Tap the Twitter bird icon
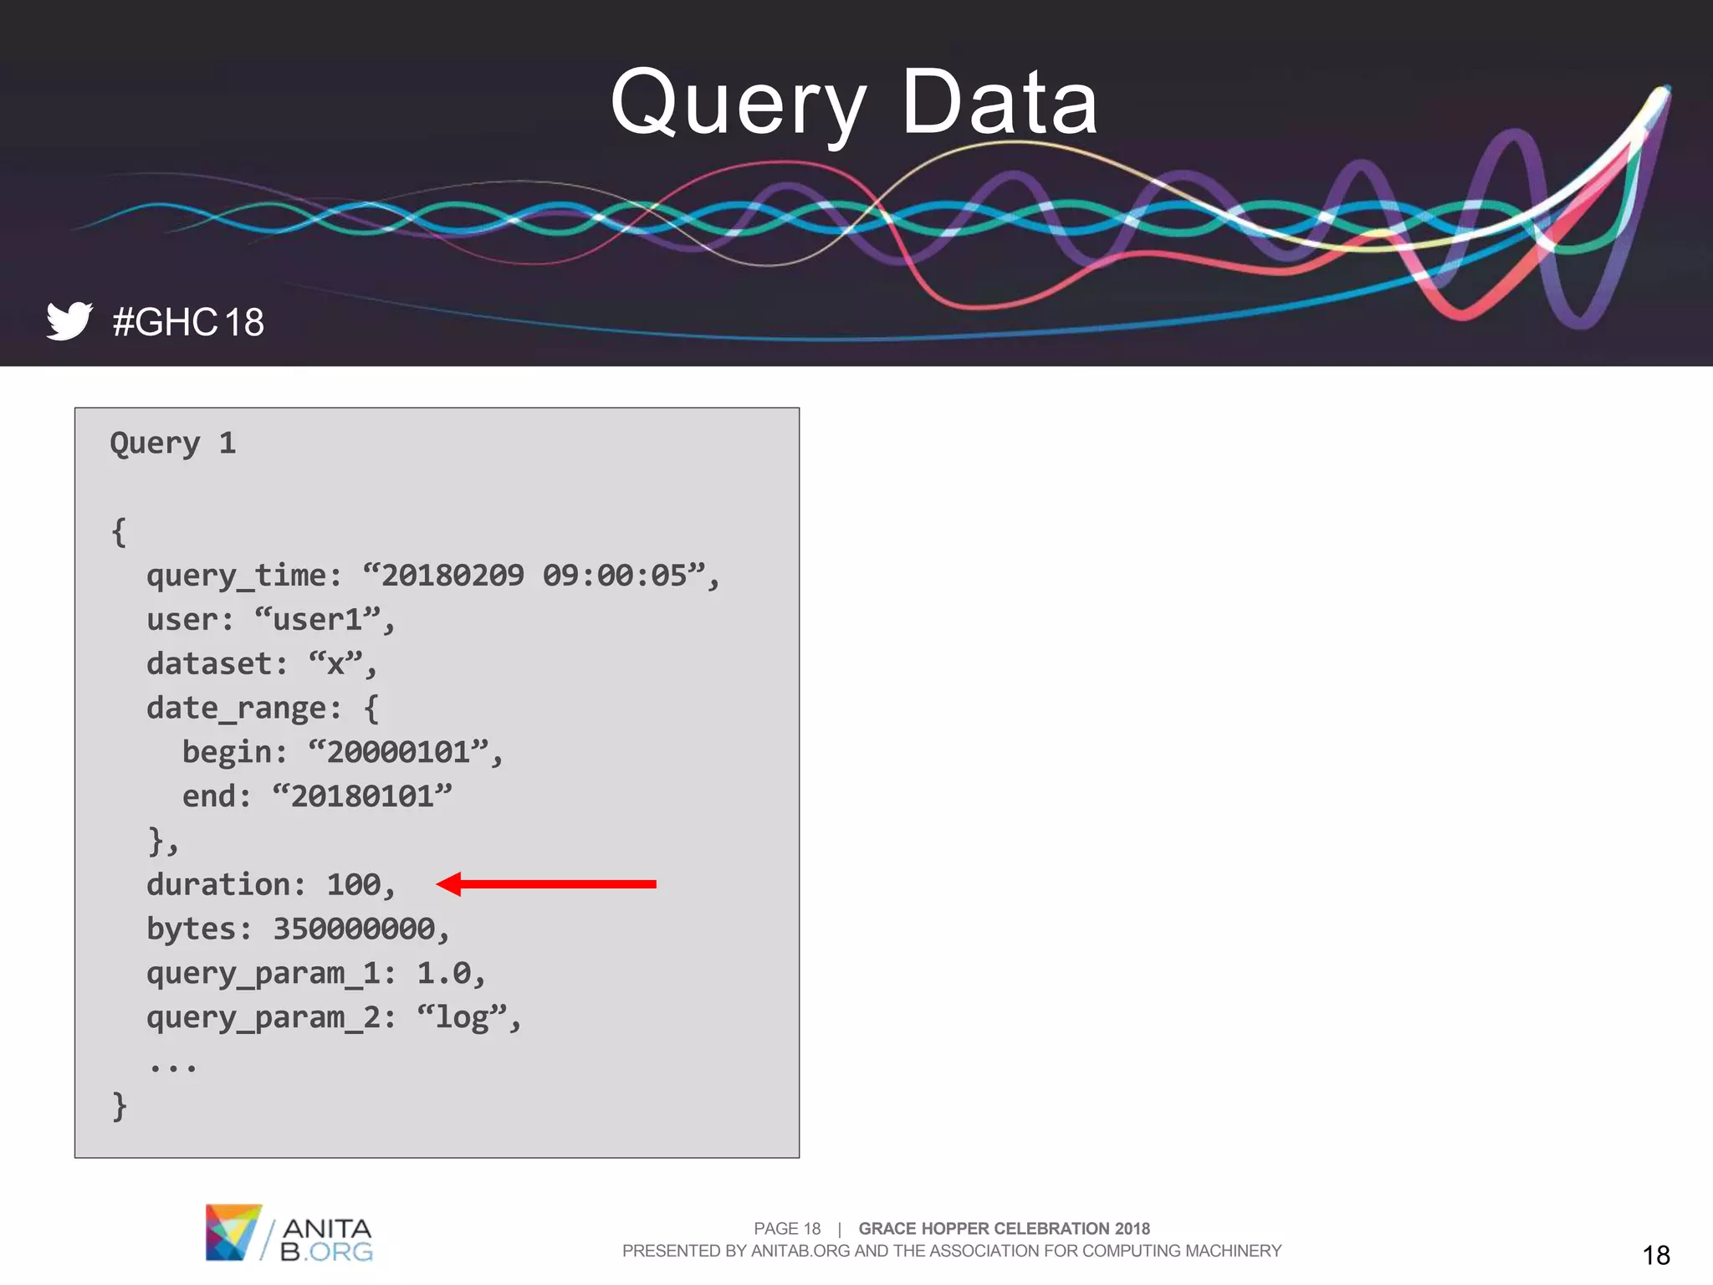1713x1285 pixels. click(x=69, y=320)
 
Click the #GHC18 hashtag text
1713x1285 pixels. click(x=188, y=323)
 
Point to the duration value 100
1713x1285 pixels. click(x=354, y=885)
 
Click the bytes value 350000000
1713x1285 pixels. click(x=354, y=929)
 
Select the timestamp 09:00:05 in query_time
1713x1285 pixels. click(x=615, y=576)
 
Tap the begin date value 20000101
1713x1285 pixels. click(x=398, y=752)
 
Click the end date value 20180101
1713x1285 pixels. click(x=362, y=796)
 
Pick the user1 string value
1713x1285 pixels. click(x=317, y=620)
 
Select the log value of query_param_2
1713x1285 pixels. click(x=462, y=1018)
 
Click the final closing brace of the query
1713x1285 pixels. click(x=120, y=1106)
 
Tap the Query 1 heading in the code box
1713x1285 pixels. click(x=173, y=443)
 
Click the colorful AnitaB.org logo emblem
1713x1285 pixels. click(x=233, y=1232)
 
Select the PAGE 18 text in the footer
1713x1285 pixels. click(x=787, y=1228)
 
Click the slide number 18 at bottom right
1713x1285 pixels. click(x=1656, y=1255)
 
